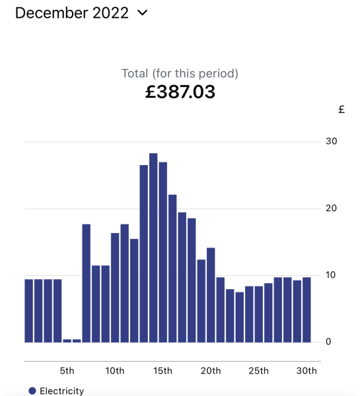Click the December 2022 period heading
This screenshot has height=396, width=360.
pyautogui.click(x=71, y=13)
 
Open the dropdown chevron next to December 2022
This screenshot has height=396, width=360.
pyautogui.click(x=143, y=13)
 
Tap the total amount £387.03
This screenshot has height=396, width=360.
pyautogui.click(x=180, y=92)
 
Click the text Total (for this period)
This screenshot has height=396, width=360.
pyautogui.click(x=180, y=73)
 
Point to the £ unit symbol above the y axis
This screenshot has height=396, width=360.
pyautogui.click(x=342, y=110)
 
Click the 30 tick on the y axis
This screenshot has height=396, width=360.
pyautogui.click(x=330, y=141)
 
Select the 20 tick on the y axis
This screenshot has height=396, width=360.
pyautogui.click(x=330, y=209)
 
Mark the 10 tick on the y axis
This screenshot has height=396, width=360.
pyautogui.click(x=330, y=275)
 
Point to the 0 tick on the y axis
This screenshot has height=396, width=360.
pyautogui.click(x=328, y=342)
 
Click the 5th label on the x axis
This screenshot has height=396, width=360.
pyautogui.click(x=67, y=370)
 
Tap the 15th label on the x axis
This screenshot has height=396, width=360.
pyautogui.click(x=162, y=370)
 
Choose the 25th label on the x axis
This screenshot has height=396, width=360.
pyautogui.click(x=258, y=370)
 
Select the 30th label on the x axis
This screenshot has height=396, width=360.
pyautogui.click(x=306, y=370)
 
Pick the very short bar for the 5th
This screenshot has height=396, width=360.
pyautogui.click(x=67, y=341)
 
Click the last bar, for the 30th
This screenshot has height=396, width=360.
pyautogui.click(x=306, y=310)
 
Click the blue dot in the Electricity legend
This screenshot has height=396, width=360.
pyautogui.click(x=32, y=391)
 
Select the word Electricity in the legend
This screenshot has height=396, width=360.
pyautogui.click(x=62, y=391)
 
